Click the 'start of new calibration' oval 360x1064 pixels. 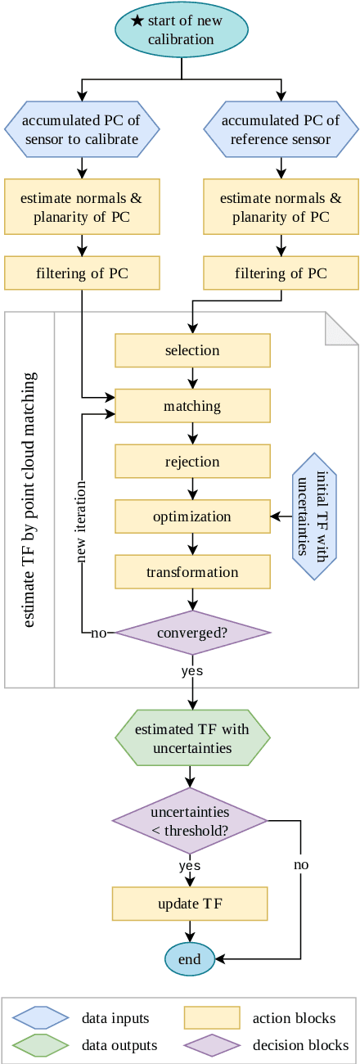coord(181,29)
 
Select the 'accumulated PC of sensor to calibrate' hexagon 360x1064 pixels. coord(82,129)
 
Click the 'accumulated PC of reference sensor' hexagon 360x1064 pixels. coord(281,129)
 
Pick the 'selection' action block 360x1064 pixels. coord(192,350)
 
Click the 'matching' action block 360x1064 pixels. coord(192,406)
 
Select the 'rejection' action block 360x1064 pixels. coord(192,462)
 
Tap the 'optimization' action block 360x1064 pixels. coord(192,516)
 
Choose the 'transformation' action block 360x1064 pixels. coord(192,572)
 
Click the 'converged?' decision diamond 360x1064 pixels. coord(192,633)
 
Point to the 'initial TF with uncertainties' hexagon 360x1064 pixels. coord(315,516)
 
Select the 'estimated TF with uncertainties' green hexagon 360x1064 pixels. coord(192,737)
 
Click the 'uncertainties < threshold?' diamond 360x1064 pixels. coord(190,821)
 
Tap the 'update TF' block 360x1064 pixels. coord(190,904)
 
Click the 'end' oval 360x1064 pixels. coord(190,959)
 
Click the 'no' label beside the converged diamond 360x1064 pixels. coord(99,633)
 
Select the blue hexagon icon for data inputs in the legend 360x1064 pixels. coord(40,1018)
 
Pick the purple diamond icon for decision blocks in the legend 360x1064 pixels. coord(212,1045)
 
